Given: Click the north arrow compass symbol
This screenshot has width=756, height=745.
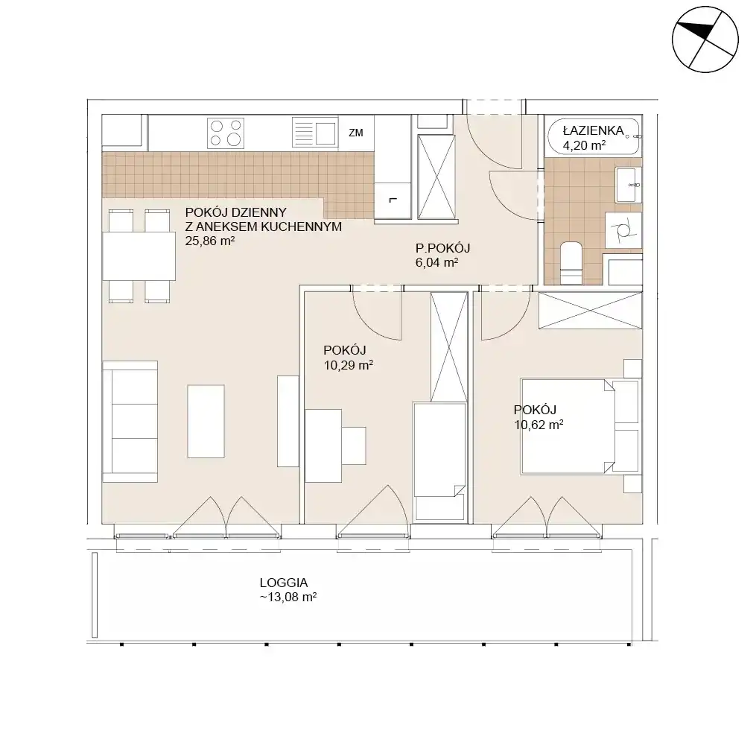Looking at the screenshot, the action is pos(705,39).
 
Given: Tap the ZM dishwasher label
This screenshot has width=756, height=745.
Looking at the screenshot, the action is pos(356,133).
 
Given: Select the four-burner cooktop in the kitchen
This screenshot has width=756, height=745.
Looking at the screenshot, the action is pos(226,133).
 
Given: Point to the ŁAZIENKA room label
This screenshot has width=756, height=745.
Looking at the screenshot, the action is pos(593,130).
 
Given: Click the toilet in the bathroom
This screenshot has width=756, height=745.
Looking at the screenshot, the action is pos(572,263).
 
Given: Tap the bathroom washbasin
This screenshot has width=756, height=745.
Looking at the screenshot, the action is pos(629,185).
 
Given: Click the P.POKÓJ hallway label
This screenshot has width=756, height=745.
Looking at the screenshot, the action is pos(442,248).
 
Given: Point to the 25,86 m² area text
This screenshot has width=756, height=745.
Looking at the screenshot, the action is pos(210,241).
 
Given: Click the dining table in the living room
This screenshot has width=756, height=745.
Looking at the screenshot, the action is pos(139,256).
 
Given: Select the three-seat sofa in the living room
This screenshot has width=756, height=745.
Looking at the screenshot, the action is pos(130,422).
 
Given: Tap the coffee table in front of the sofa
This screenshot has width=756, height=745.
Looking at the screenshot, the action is pos(206,421).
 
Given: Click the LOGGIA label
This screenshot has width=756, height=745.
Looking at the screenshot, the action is pos(284,583).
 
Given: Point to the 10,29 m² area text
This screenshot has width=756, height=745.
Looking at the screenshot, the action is pos(348,365).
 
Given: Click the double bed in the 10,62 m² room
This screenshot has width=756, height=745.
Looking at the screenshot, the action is pos(580,426).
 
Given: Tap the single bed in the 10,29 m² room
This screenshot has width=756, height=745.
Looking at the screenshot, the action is pos(439,462).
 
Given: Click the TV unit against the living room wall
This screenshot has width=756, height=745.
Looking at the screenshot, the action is pos(288,421).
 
